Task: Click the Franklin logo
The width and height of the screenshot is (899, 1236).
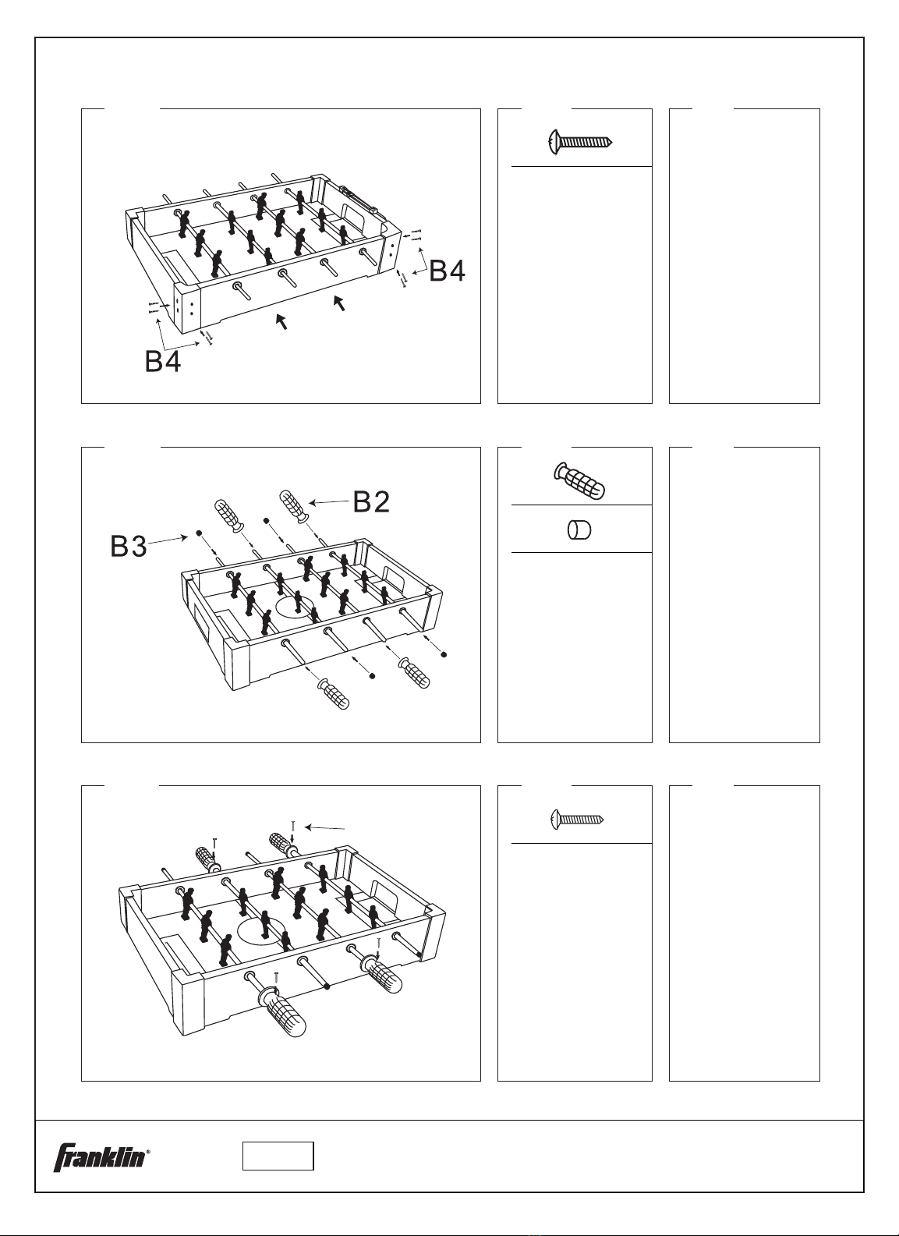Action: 99,1156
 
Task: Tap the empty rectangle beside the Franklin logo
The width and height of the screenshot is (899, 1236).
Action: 278,1156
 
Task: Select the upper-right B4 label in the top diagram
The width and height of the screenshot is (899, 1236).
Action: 448,271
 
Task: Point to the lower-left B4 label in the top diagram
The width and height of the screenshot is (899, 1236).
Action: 163,361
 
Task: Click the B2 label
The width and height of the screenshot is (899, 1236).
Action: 371,501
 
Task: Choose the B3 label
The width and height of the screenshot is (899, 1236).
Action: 129,547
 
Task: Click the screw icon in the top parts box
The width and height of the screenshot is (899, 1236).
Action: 581,142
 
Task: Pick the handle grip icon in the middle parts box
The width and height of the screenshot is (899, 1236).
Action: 580,480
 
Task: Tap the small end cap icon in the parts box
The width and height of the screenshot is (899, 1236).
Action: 579,531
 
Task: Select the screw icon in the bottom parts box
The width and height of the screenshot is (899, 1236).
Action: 578,819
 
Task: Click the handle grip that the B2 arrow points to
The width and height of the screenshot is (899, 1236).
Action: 294,506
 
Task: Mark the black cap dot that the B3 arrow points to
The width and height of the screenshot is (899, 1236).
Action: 200,533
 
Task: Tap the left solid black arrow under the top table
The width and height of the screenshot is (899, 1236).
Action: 281,321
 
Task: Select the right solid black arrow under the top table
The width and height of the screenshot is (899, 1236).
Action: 338,302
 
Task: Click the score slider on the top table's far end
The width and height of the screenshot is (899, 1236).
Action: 359,200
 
